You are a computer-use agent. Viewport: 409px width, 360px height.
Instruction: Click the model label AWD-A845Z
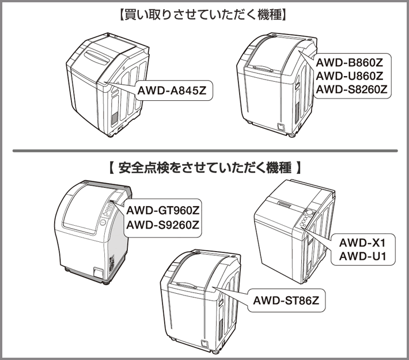coord(171,90)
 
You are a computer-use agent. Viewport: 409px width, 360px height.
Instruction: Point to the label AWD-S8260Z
coord(349,89)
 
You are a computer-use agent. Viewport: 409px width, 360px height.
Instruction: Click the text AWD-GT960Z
coord(162,210)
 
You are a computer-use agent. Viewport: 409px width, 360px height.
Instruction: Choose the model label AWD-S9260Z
coord(162,224)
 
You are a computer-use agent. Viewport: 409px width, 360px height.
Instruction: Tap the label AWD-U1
coord(361,256)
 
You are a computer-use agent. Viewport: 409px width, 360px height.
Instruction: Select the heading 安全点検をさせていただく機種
coord(204,168)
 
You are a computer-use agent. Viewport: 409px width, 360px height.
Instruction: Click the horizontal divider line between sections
coord(204,151)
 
